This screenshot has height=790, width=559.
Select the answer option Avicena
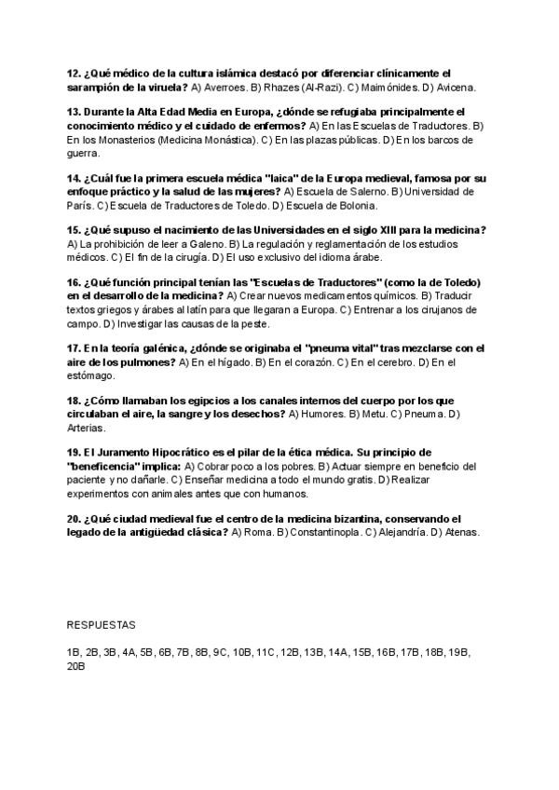[455, 87]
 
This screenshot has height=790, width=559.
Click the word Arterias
[86, 428]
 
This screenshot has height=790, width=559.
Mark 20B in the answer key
[76, 667]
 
